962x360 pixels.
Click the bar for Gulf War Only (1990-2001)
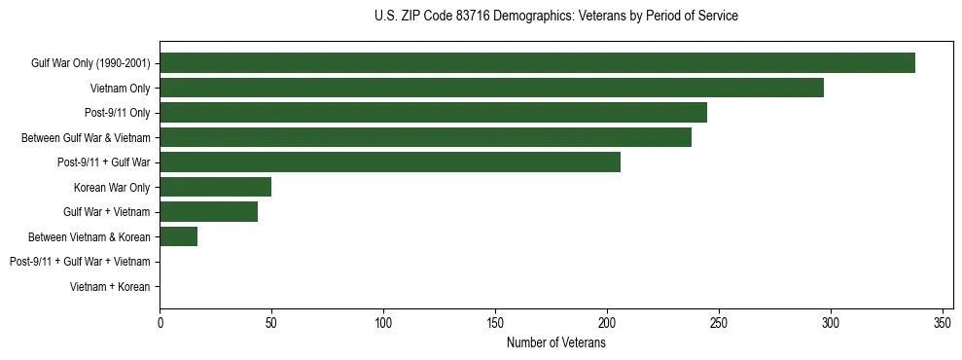tap(537, 63)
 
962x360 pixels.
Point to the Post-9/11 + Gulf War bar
tap(390, 162)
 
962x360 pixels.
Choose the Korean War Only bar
tap(215, 187)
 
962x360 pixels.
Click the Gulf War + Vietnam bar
tap(208, 211)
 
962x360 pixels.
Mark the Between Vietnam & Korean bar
tap(178, 236)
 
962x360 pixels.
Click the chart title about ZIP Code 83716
tap(555, 17)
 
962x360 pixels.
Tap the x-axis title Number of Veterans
tap(555, 342)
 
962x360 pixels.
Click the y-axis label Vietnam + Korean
tap(110, 286)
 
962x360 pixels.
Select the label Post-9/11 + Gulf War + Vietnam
tap(80, 262)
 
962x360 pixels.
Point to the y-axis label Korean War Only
tap(112, 187)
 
